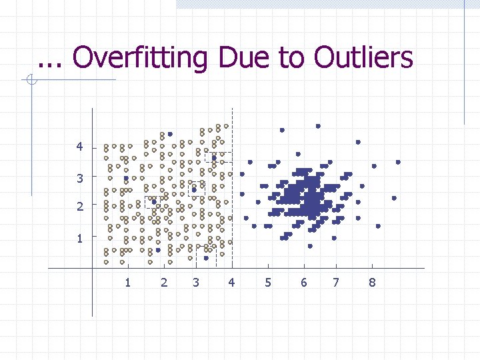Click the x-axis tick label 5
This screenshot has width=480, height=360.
(268, 283)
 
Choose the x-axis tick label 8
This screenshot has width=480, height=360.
(372, 283)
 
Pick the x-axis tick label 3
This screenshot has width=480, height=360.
(195, 283)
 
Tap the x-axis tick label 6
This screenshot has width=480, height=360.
(304, 283)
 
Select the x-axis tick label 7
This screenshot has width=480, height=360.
(336, 283)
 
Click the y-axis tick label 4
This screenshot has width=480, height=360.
(80, 147)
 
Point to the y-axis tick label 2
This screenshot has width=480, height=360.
(80, 207)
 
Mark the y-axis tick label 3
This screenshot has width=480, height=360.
(80, 178)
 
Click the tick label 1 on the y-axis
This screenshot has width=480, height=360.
(80, 238)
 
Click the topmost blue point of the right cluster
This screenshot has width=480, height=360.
(318, 125)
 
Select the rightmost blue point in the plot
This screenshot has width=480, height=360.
(398, 162)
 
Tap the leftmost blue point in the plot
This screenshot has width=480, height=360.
(126, 179)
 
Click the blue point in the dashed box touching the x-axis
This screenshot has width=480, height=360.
(206, 258)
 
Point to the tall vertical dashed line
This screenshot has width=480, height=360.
(232, 187)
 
